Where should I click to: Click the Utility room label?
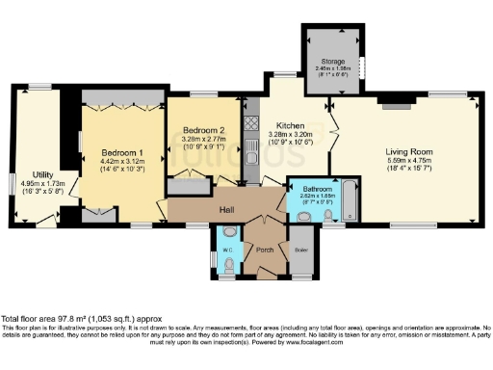tap(41, 173)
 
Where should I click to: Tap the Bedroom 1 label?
tap(122, 152)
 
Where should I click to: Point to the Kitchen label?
tap(291, 125)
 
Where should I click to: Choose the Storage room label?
tap(334, 62)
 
